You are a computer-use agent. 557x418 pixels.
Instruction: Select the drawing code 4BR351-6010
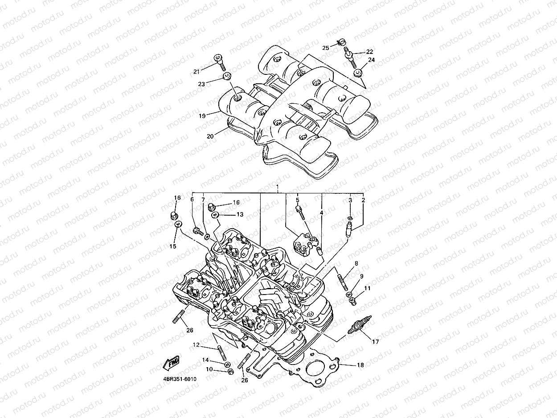(x=180, y=379)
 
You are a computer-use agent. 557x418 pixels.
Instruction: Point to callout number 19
(x=202, y=116)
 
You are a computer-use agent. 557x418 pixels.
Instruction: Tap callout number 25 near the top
(x=325, y=48)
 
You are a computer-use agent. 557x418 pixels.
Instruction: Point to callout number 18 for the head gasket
(x=360, y=365)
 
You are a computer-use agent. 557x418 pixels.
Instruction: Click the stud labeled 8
(x=344, y=283)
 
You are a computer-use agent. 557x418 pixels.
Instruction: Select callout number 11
(x=367, y=289)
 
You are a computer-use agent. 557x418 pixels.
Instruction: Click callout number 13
(x=240, y=214)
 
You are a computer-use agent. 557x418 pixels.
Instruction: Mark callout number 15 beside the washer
(x=173, y=246)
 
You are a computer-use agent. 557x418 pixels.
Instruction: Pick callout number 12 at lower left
(x=196, y=345)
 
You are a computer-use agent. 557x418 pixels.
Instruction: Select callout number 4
(x=321, y=213)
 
